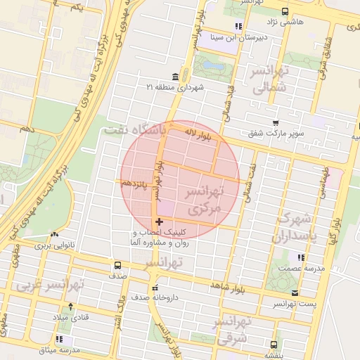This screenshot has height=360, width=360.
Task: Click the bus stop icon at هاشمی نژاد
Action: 284,11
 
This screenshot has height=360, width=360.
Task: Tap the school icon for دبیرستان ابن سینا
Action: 238,26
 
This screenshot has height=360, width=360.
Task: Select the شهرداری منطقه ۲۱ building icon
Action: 175,77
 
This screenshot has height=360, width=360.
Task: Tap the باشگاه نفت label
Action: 134,130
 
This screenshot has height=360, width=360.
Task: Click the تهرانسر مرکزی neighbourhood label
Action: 205,200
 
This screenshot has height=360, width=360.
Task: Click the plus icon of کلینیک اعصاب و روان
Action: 160,222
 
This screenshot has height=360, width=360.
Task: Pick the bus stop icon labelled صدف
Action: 117,266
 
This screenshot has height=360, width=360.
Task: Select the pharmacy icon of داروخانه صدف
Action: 155,288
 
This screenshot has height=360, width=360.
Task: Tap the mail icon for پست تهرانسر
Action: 295,292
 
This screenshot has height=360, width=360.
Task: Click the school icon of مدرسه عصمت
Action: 300,258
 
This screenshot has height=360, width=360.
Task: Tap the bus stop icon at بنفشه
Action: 274,345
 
